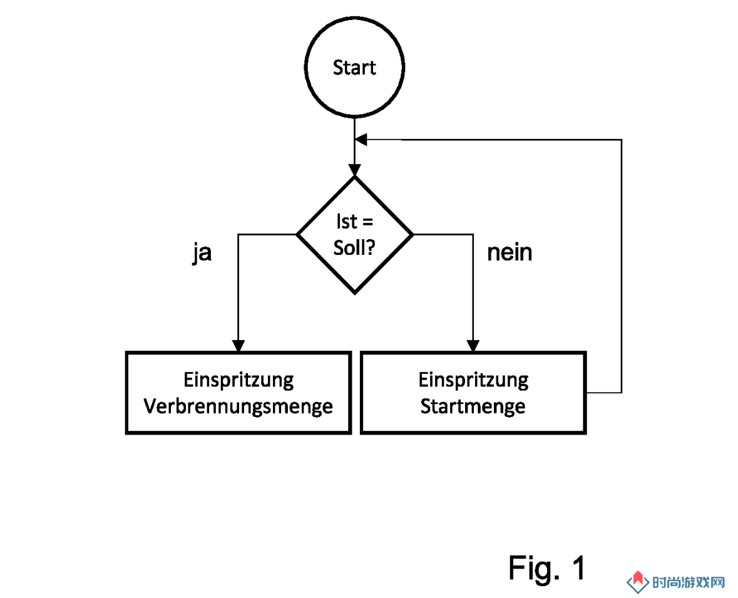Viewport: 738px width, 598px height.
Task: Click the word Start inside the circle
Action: [x=354, y=68]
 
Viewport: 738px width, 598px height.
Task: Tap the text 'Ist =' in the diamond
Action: [x=354, y=221]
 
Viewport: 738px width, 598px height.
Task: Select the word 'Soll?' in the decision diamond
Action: [x=354, y=248]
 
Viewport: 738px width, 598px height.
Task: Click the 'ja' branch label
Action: [x=202, y=253]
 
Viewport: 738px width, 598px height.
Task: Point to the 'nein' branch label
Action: [x=510, y=252]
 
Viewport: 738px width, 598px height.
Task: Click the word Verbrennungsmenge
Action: [x=238, y=406]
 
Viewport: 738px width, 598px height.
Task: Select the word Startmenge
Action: [x=473, y=406]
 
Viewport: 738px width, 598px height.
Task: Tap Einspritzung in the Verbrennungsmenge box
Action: [x=238, y=380]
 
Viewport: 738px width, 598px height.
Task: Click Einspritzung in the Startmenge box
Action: [x=473, y=380]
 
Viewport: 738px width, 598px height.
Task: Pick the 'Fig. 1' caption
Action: [x=547, y=567]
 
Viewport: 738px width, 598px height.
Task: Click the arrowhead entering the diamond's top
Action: [x=354, y=170]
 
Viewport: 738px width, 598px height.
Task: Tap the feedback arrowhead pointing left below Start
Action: [x=361, y=140]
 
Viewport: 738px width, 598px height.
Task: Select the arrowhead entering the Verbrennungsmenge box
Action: [x=238, y=346]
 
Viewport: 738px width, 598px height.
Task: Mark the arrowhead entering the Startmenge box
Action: [x=473, y=346]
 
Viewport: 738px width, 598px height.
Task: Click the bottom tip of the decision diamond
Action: [x=354, y=294]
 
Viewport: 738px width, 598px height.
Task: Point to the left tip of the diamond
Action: [x=297, y=234]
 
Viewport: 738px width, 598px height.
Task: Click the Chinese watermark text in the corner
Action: [x=688, y=582]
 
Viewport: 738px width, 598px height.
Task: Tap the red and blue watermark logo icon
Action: [x=638, y=582]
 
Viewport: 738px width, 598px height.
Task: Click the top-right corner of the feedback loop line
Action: [x=622, y=140]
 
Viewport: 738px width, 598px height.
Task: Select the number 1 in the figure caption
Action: [x=578, y=567]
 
